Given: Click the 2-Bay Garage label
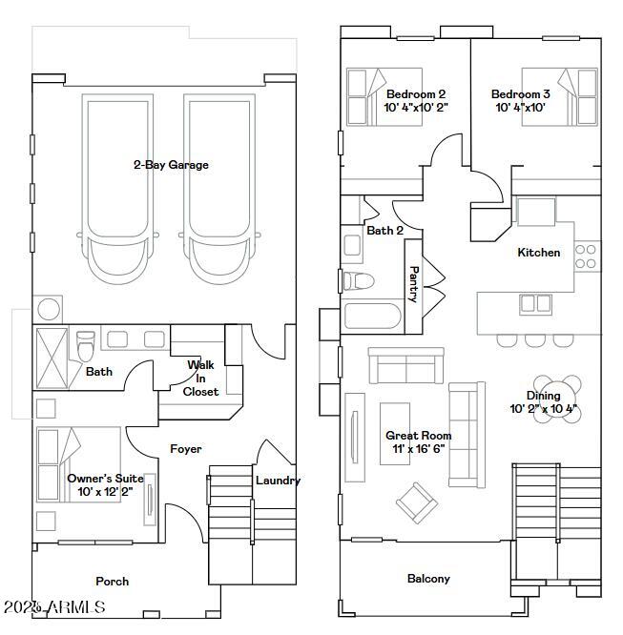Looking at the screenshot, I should tap(170, 165).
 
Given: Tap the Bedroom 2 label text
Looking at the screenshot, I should tap(416, 94).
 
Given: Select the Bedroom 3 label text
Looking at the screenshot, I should tap(520, 94).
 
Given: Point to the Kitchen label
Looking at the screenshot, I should tap(538, 253).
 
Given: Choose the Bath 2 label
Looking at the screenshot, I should tap(384, 231).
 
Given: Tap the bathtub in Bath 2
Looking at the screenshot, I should tap(372, 317).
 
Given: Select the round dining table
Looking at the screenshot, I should tap(556, 393).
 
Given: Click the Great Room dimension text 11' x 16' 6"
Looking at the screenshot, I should tap(419, 449).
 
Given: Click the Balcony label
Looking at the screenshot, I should tap(428, 579).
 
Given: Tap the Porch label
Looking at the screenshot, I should tap(113, 581).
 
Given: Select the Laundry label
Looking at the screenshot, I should tap(278, 481).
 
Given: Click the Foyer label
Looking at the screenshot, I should tap(186, 448).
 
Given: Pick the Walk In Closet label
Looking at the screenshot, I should tap(201, 379).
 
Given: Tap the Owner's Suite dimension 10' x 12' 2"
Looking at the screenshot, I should tap(105, 492).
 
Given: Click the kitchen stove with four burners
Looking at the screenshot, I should tap(587, 255).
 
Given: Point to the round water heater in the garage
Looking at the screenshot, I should tap(47, 310).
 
